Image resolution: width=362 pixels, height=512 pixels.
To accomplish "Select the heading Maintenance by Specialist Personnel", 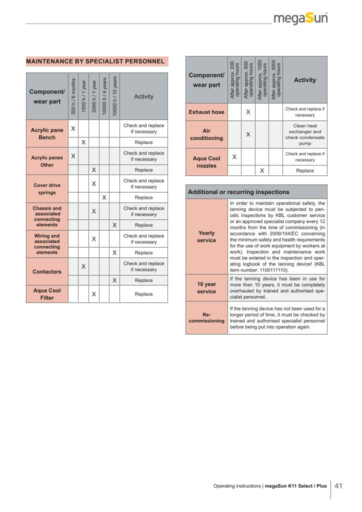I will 95,61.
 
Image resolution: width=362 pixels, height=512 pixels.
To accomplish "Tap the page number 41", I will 338,485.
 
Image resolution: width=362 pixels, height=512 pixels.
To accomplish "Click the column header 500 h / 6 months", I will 73,96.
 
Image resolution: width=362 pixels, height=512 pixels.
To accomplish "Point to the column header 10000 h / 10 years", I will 114,96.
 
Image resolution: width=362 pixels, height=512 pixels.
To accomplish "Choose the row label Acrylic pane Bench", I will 47,134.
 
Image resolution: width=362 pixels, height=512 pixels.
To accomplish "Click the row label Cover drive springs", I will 47,189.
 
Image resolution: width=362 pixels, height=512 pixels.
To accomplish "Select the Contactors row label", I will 47,272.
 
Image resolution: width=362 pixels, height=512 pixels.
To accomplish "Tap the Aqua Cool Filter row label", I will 47,294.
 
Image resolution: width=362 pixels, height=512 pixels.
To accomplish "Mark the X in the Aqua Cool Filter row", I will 93,294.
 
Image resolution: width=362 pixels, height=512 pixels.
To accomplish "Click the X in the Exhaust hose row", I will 248,112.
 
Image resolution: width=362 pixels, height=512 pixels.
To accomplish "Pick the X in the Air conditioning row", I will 248,134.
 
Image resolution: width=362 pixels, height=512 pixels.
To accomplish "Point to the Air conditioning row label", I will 206,134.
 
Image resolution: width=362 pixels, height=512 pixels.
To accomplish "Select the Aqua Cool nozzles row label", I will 206,162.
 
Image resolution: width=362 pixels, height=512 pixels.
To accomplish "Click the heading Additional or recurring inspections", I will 238,192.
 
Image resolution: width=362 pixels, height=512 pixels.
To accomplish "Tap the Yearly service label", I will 206,236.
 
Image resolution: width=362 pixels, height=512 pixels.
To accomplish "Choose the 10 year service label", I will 206,288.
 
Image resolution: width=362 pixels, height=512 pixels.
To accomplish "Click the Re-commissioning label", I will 206,318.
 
